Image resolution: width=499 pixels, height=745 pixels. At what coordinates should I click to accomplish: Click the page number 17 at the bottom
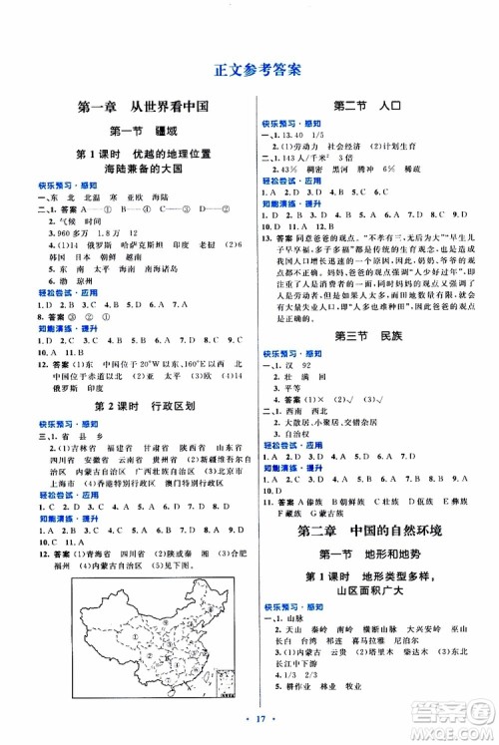pyautogui.click(x=249, y=722)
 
